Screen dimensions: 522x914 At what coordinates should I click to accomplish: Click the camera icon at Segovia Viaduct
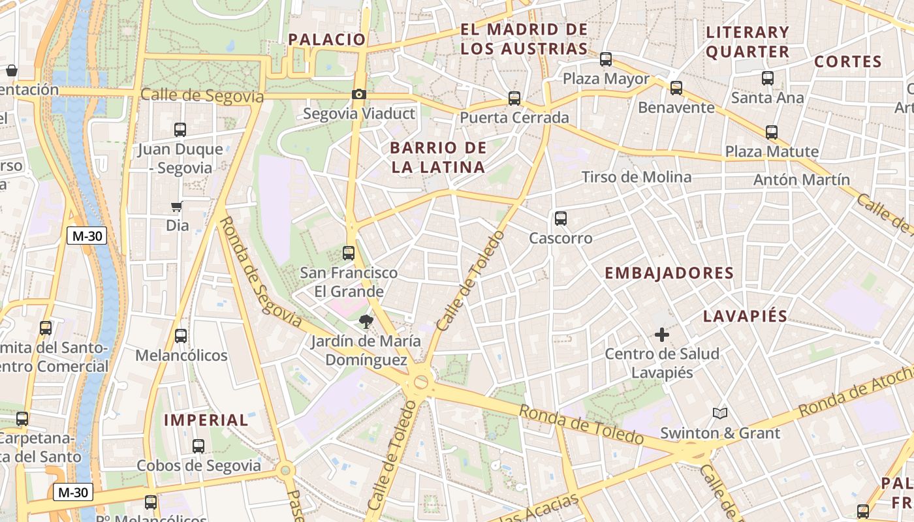pyautogui.click(x=358, y=95)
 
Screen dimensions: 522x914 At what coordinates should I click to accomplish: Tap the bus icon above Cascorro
pyautogui.click(x=560, y=219)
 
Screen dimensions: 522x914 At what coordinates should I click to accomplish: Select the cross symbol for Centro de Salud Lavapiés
pyautogui.click(x=661, y=335)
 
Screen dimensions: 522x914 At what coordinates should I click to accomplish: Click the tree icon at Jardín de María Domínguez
pyautogui.click(x=366, y=321)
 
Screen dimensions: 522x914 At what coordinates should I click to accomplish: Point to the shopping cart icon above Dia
pyautogui.click(x=176, y=207)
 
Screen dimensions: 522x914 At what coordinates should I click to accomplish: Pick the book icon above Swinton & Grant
pyautogui.click(x=720, y=413)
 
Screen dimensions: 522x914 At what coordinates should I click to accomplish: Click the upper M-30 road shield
pyautogui.click(x=87, y=236)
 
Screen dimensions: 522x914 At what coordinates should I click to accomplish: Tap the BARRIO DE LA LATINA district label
pyautogui.click(x=438, y=157)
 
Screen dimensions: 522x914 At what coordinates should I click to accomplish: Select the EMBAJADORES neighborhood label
pyautogui.click(x=669, y=273)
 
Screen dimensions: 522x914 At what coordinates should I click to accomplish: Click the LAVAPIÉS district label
pyautogui.click(x=745, y=316)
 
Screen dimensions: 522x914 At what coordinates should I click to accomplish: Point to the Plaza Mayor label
pyautogui.click(x=606, y=79)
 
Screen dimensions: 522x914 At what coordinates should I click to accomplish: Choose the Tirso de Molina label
pyautogui.click(x=636, y=177)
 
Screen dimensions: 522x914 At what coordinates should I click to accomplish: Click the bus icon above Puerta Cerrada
pyautogui.click(x=514, y=99)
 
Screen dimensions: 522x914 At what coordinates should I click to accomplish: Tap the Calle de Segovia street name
pyautogui.click(x=202, y=96)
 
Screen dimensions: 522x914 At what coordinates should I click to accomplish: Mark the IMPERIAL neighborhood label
pyautogui.click(x=206, y=420)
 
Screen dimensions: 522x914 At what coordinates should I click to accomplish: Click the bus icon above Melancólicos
pyautogui.click(x=181, y=336)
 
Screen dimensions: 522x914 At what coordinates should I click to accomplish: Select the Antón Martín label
pyautogui.click(x=802, y=179)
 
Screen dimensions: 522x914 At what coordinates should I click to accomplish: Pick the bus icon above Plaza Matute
pyautogui.click(x=772, y=132)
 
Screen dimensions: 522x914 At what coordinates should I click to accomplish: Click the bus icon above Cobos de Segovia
pyautogui.click(x=198, y=446)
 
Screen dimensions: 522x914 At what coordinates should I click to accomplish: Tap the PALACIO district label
pyautogui.click(x=327, y=39)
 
